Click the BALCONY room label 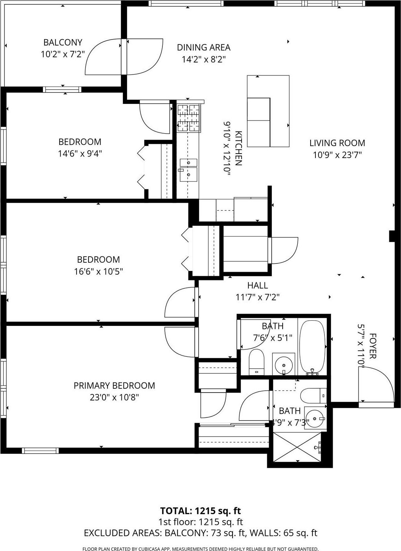pos(63,42)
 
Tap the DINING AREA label pos(204,47)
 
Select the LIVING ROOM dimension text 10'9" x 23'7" pos(337,155)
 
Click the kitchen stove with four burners pos(189,118)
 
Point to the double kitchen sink pos(188,169)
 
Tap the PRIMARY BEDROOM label pos(114,385)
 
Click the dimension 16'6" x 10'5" pos(98,271)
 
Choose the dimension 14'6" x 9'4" pos(80,154)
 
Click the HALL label pos(257,285)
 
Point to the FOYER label pos(373,346)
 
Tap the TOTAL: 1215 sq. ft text pos(200,511)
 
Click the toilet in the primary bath pos(314,395)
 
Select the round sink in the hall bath pos(283,364)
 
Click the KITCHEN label pos(238,148)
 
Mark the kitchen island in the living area pos(268,111)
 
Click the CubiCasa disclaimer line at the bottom pos(200,549)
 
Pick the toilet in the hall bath pos(257,361)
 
